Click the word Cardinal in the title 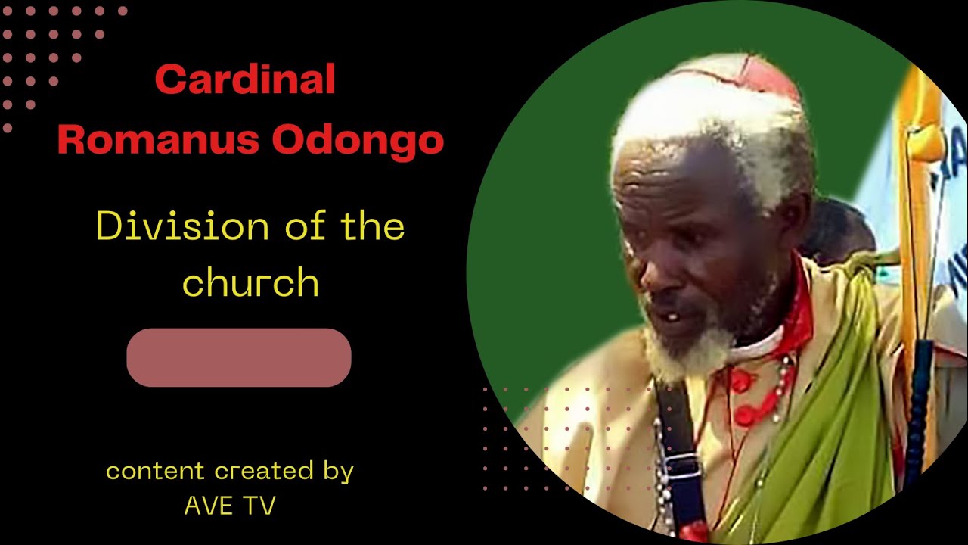click(x=245, y=79)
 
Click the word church click(x=250, y=282)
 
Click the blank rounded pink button click(x=239, y=357)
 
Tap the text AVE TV click(x=230, y=506)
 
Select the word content click(x=156, y=472)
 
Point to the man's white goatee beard click(x=684, y=352)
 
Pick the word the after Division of click(x=371, y=226)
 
